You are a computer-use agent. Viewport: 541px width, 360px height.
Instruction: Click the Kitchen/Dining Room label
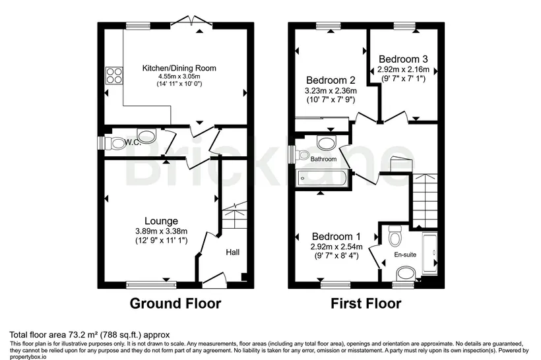pos(179,68)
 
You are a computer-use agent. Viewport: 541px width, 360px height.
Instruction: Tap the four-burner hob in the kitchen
pos(114,75)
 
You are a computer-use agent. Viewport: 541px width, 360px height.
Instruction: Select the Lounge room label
pos(161,221)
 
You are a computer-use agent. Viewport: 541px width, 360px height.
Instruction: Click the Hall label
pos(232,253)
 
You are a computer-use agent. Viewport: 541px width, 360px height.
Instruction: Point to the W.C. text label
pos(133,142)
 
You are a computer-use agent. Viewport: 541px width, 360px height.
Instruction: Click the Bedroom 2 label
pos(331,80)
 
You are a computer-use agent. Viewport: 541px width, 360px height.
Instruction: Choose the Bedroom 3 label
pos(403,59)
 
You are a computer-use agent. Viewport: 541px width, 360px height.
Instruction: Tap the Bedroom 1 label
pos(336,237)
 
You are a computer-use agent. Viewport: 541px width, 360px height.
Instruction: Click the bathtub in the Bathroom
pos(322,178)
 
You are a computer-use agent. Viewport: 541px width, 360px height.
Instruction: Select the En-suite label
pos(405,255)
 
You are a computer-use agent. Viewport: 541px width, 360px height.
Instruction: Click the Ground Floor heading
pos(175,303)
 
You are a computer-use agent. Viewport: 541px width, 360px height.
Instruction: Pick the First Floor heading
pos(366,303)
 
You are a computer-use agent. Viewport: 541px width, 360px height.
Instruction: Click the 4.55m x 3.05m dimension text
pos(179,76)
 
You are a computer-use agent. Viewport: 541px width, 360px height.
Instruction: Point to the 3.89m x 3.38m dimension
pos(161,231)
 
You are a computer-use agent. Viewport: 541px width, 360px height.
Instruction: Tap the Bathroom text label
pos(323,159)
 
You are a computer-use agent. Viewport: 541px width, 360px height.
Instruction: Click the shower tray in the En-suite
pos(430,253)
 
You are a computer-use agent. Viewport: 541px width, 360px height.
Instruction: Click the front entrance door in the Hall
pos(214,280)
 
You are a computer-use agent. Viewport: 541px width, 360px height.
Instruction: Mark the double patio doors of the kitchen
pos(191,20)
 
